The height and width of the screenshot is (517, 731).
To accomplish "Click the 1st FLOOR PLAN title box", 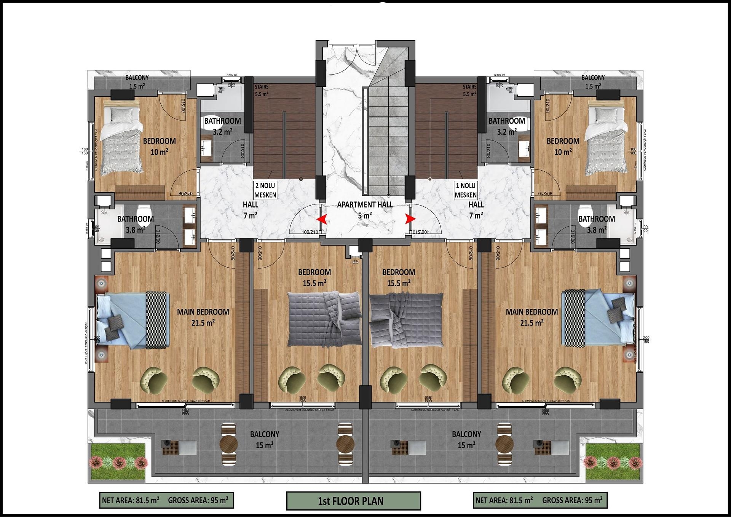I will click(x=353, y=501).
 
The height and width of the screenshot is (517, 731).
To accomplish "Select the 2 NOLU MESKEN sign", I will click(x=265, y=190).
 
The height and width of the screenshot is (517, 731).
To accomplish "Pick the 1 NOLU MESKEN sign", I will click(x=466, y=190).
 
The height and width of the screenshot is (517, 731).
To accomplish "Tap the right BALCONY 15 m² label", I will click(x=466, y=439).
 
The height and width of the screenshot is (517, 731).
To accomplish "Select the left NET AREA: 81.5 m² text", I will click(x=131, y=500).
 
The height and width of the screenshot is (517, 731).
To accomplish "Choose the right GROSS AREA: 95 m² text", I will click(x=572, y=500).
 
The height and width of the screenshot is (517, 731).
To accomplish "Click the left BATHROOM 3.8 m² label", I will click(x=136, y=224).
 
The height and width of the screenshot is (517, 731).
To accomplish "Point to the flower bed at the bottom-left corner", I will click(x=117, y=463).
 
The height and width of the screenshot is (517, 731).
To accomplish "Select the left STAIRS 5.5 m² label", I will click(x=262, y=90).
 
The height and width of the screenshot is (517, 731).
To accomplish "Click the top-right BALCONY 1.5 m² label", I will click(x=593, y=82).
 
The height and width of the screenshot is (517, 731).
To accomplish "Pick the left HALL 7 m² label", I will click(x=250, y=210).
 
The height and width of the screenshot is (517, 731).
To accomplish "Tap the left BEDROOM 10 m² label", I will click(x=159, y=146).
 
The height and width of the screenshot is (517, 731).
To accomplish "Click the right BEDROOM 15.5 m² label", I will click(x=399, y=278).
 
